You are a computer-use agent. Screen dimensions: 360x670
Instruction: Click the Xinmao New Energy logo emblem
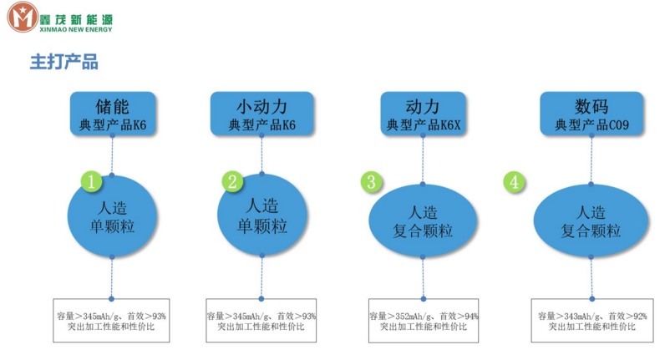[x=23, y=18]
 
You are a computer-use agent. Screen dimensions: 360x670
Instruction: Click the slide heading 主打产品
[x=64, y=62]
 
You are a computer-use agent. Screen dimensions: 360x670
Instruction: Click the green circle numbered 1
[x=92, y=180]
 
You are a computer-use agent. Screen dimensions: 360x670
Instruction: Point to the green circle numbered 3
[x=372, y=181]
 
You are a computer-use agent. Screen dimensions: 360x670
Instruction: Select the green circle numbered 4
[x=515, y=181]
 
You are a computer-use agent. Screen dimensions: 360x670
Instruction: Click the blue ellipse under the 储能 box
[x=113, y=216]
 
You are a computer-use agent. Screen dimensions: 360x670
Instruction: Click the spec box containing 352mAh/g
[x=424, y=322]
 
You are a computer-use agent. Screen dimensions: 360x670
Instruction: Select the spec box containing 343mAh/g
[x=591, y=322]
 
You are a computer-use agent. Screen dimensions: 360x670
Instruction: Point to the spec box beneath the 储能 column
[x=111, y=321]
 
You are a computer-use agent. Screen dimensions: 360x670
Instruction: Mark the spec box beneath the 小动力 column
[x=261, y=321]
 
